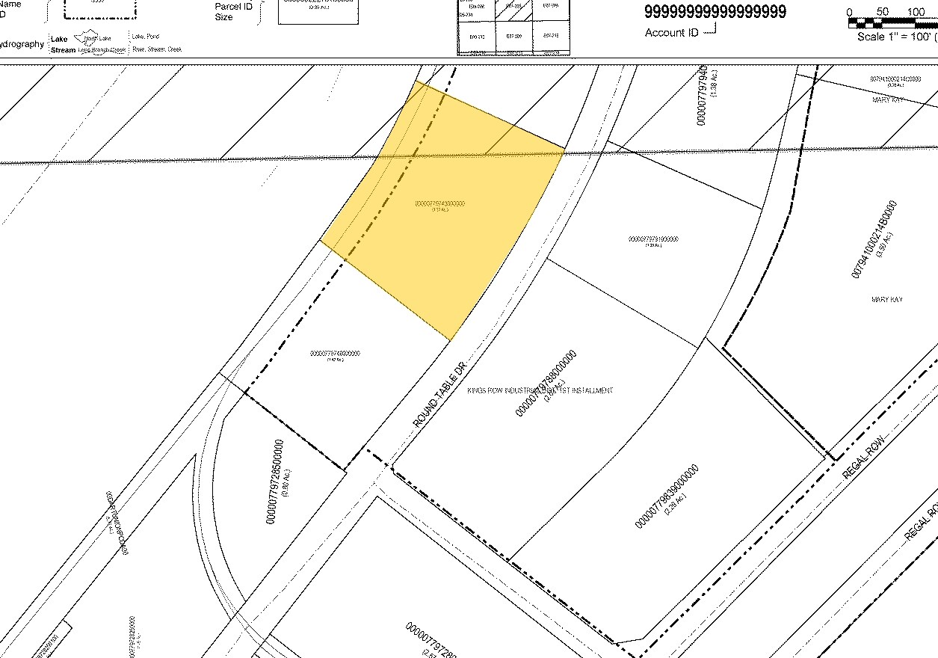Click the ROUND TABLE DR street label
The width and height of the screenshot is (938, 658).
[x=439, y=396]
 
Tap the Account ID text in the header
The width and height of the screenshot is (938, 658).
[x=665, y=33]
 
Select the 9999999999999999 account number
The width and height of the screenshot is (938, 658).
[x=715, y=12]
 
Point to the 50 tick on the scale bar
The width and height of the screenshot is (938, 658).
[x=883, y=12]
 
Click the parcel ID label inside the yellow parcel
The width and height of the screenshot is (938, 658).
[x=439, y=203]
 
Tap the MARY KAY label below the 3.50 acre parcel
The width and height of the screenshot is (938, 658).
[x=887, y=299]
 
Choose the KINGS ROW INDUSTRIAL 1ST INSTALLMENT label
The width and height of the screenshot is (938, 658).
[x=540, y=390]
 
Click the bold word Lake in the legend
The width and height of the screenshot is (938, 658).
[x=59, y=38]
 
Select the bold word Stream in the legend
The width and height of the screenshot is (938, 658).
[x=63, y=50]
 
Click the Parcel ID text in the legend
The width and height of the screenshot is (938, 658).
[x=233, y=6]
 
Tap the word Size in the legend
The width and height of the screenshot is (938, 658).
[x=223, y=17]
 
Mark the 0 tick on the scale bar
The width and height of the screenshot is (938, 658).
[x=850, y=12]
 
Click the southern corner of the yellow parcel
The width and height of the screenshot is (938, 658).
[x=450, y=340]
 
